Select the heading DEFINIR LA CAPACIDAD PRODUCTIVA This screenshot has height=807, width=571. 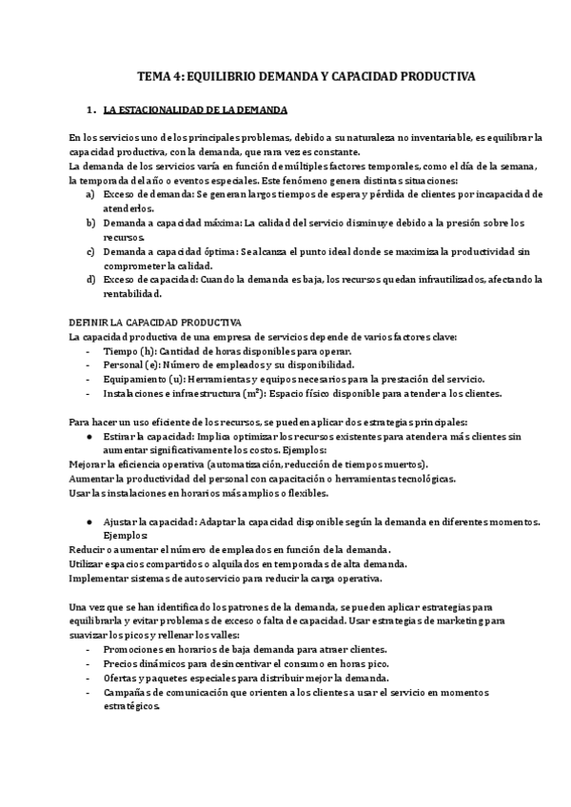[156, 323]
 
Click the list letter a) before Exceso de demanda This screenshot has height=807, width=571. [89, 193]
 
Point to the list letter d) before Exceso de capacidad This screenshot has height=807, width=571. [89, 279]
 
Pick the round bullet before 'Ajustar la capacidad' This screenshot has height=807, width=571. [89, 522]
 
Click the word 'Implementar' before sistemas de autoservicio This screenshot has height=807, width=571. [100, 578]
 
